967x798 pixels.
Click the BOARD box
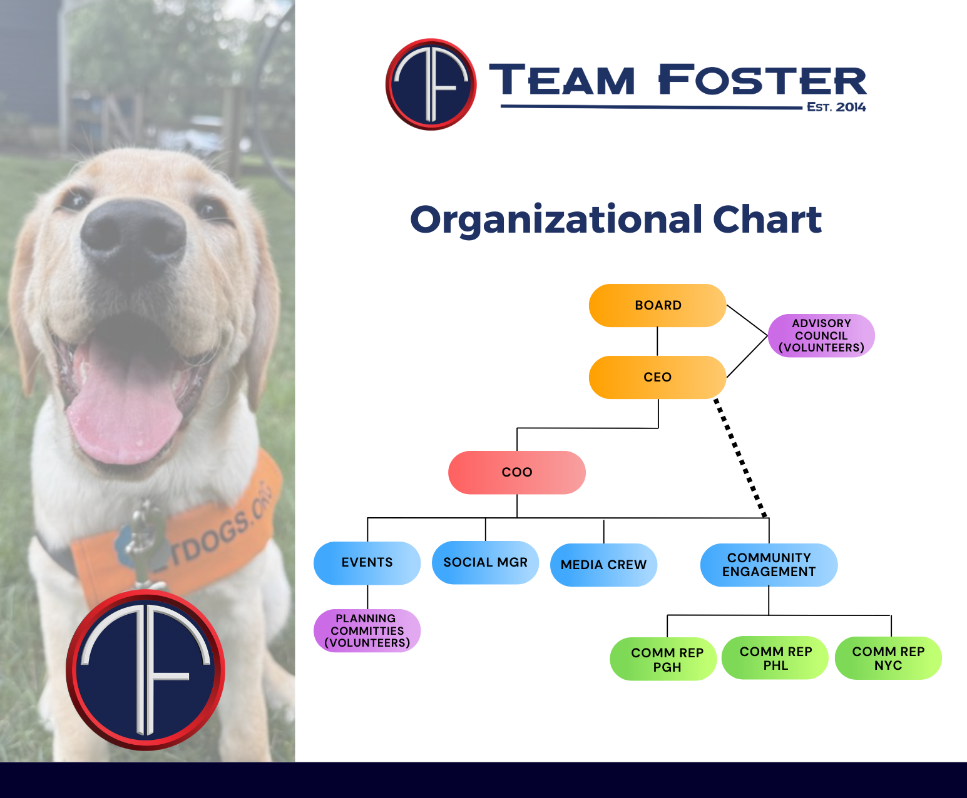coord(657,305)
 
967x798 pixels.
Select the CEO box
coord(657,377)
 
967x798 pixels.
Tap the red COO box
coord(517,472)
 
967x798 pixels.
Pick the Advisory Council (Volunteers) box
coord(821,336)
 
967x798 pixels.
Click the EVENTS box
coord(367,563)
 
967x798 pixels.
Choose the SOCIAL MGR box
coord(485,562)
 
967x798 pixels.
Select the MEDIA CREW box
coord(603,565)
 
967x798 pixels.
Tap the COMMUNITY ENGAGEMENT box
coord(769,565)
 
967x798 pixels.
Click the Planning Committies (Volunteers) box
coord(367,630)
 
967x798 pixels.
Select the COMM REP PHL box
coord(775,658)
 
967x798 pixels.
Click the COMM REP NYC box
coord(888,658)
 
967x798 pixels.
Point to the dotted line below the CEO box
coord(740,457)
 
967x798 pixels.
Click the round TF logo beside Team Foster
coord(431,84)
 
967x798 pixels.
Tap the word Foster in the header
coord(762,79)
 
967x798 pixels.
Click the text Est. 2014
coord(836,107)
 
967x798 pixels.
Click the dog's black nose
coord(133,236)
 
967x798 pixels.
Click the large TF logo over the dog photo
coord(145,670)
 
